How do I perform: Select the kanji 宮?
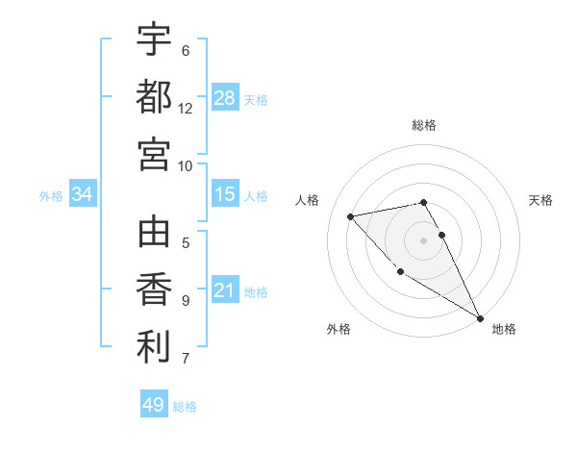154,154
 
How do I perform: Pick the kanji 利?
154,347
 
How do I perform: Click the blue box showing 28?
225,97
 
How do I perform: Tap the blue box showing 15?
225,194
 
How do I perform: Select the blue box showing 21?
225,290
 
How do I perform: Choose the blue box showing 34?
83,194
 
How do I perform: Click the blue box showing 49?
154,405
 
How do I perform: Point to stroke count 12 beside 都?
186,108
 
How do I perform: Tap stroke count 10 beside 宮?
186,165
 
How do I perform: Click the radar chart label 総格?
424,125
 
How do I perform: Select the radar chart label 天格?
541,200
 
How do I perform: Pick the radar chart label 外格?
339,329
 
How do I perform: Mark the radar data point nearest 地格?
481,318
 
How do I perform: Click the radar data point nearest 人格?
351,216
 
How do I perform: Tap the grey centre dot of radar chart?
424,239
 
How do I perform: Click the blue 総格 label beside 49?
185,407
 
